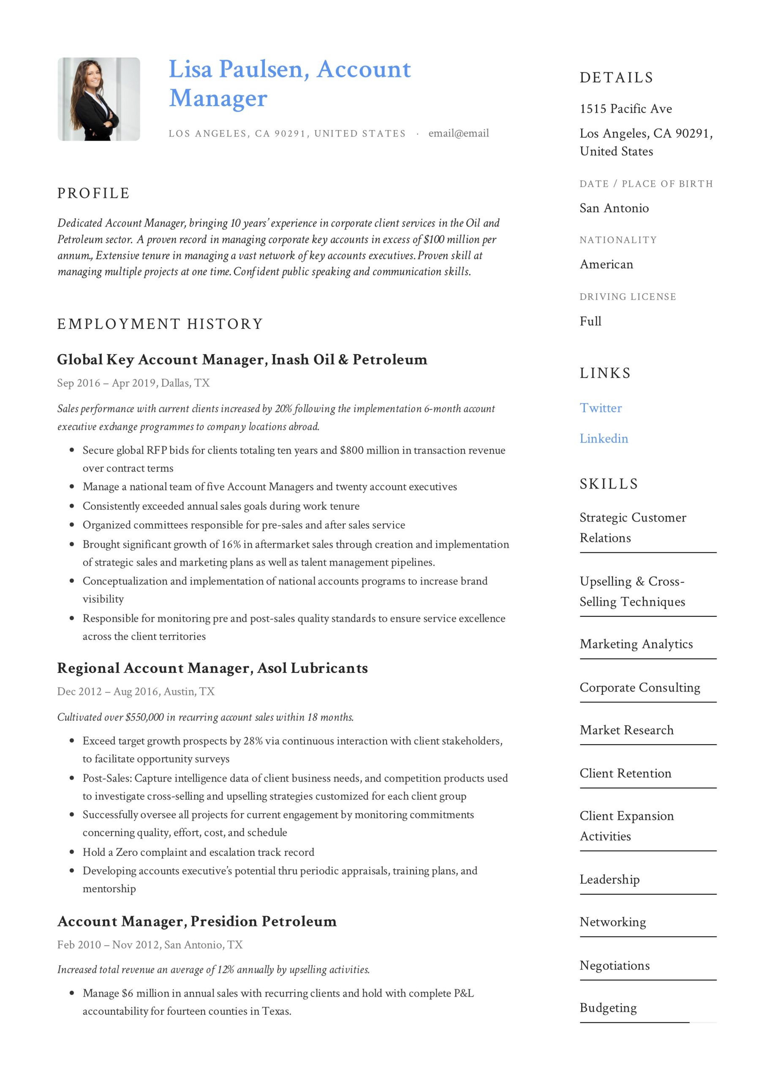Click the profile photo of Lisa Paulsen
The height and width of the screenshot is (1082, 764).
[98, 99]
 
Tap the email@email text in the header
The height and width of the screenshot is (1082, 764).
[458, 134]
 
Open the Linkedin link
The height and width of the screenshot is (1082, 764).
[604, 438]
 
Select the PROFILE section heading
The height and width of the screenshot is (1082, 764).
[93, 193]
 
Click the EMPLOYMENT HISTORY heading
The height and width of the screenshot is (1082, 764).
[160, 324]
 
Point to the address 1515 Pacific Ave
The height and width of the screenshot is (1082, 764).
[625, 109]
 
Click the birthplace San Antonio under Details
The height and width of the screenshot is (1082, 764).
[614, 208]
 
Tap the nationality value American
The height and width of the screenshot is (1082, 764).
[606, 265]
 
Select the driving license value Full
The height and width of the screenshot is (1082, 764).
[590, 321]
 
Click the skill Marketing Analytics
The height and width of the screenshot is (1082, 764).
[636, 644]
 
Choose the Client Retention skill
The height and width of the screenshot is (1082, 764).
[625, 773]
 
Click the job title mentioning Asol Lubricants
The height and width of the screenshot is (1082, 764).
[212, 668]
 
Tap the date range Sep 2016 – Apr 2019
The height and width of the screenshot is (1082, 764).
[106, 383]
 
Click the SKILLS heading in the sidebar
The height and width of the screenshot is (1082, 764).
[609, 484]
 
